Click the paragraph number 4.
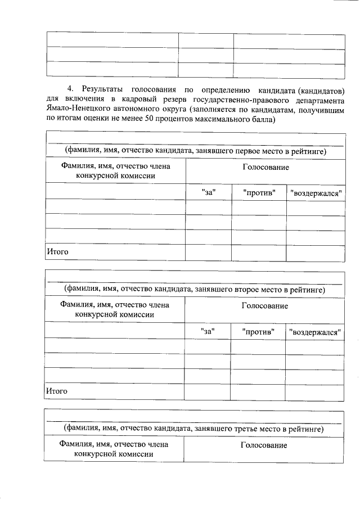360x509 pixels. [70, 89]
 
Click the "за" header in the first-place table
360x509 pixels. [209, 192]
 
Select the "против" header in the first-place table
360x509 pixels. [259, 192]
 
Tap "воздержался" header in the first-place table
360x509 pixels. [316, 192]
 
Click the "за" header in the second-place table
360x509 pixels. [208, 331]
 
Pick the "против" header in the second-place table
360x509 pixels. [258, 331]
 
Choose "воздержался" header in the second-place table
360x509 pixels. [316, 331]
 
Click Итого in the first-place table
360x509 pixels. [57, 251]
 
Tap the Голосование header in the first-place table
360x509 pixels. [265, 168]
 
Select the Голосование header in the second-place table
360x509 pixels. [265, 306]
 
